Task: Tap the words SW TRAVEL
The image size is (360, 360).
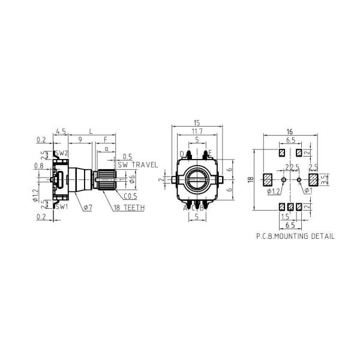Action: coord(137,164)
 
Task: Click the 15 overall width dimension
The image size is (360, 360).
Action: coord(196,123)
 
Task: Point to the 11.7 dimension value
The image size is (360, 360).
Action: coord(196,131)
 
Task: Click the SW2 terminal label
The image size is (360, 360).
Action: coord(62,154)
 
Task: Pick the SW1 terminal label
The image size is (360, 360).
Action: coord(61,206)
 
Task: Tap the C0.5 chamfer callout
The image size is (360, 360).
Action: coord(130,196)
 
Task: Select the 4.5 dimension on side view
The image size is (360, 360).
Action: coord(60,130)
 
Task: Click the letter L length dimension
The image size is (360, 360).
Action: coord(90,130)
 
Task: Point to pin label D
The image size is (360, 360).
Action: coord(182,154)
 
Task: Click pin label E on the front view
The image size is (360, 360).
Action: coord(209,154)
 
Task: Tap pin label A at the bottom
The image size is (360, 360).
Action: coord(185,208)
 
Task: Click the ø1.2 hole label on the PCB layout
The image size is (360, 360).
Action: coord(273,191)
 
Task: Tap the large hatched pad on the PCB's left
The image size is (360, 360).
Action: coord(267,179)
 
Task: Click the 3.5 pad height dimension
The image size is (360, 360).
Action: coord(324,178)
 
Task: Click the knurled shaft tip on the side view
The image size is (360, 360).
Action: coord(106,178)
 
